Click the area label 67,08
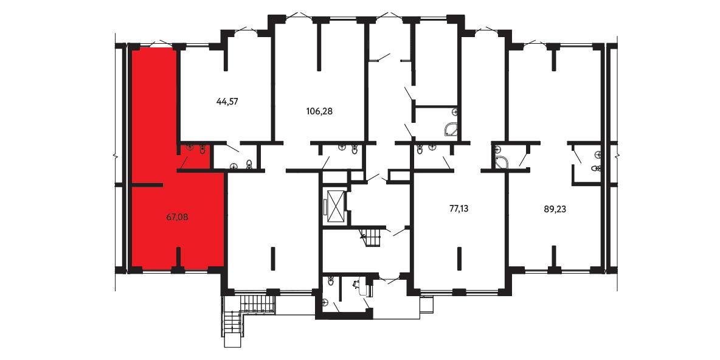coord(177,216)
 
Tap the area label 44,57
coord(227,101)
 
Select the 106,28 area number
coord(319,111)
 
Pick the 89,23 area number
coord(554,209)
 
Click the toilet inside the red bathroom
coord(202,150)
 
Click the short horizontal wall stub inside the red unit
coord(147,185)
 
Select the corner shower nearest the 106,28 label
coord(451,130)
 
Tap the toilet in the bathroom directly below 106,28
coord(354,150)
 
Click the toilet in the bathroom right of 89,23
coord(596,168)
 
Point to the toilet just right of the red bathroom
coord(249,164)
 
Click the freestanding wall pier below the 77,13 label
coord(459,259)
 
